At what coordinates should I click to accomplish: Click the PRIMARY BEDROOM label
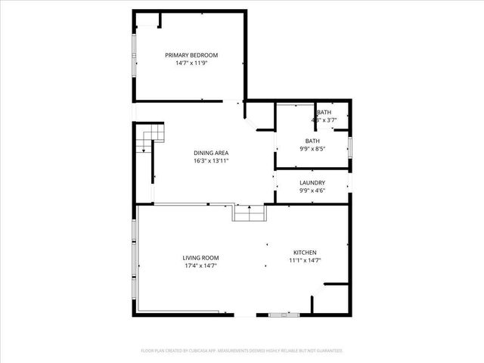(191, 55)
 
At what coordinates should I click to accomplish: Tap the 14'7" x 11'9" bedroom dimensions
(191, 64)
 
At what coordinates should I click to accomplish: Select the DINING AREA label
(211, 152)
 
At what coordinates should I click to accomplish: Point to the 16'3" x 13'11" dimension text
(211, 160)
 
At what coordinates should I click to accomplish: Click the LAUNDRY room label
(312, 182)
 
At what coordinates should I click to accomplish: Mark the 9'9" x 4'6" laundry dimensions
(312, 191)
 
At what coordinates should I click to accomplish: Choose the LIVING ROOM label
(200, 257)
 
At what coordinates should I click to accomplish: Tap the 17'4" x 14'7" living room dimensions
(200, 265)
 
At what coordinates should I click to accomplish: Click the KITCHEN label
(305, 252)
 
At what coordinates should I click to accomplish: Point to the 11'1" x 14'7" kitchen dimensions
(305, 260)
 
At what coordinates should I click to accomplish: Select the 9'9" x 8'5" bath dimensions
(312, 149)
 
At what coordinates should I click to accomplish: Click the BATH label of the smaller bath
(324, 112)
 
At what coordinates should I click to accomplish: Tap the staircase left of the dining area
(150, 137)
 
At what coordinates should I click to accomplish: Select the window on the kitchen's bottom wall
(285, 313)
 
